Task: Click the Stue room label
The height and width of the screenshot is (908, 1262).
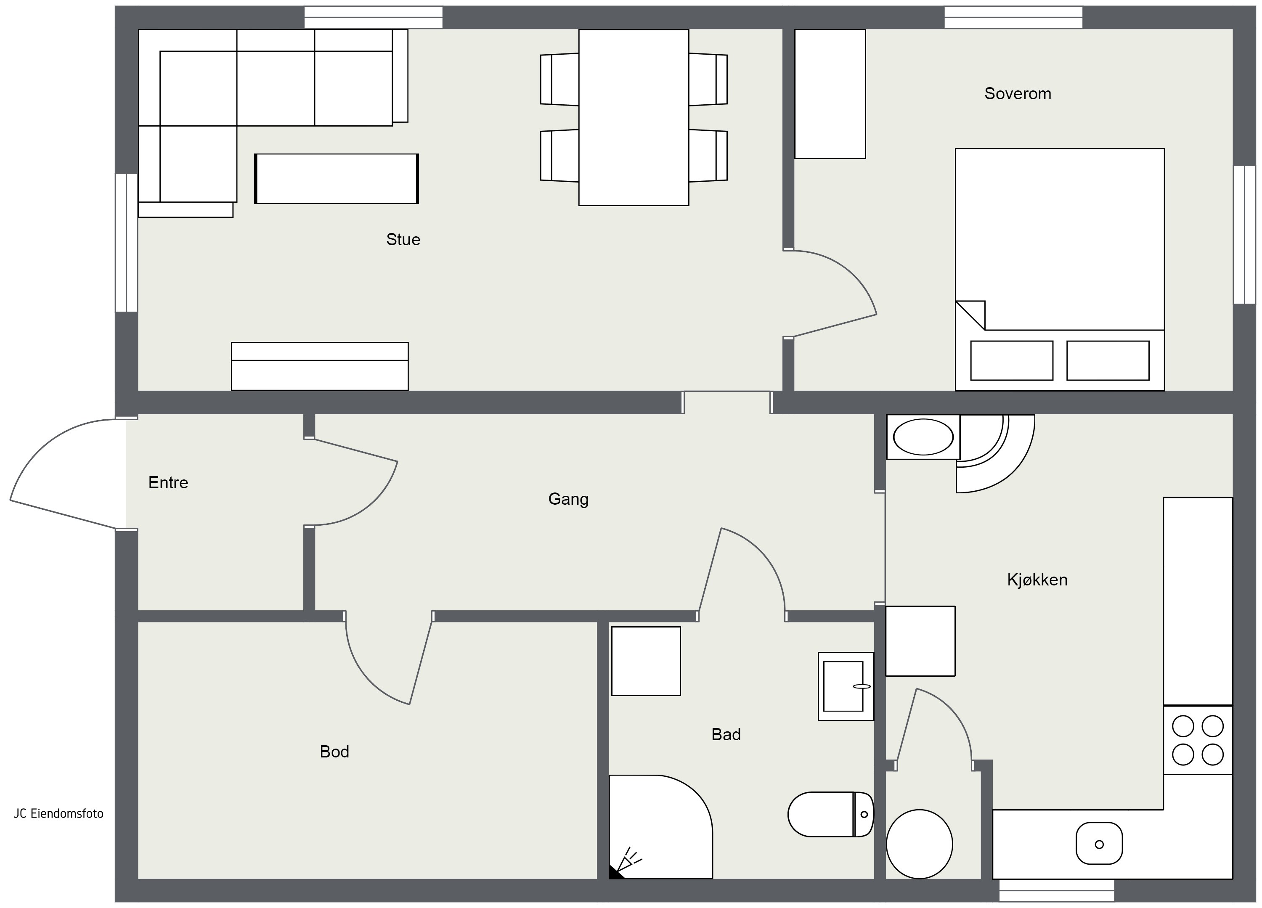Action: click(403, 239)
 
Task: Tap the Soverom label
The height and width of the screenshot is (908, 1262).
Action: click(1018, 93)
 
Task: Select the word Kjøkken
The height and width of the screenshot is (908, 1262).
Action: click(1037, 580)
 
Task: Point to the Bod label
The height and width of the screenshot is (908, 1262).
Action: click(334, 752)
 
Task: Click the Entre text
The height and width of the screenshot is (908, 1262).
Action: click(168, 482)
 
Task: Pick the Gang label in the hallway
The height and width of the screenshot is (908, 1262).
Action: click(568, 499)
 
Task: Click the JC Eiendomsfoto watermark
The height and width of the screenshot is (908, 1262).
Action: click(58, 813)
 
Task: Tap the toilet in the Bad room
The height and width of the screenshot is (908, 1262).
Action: click(831, 815)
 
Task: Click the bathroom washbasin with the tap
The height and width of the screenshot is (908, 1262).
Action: click(846, 686)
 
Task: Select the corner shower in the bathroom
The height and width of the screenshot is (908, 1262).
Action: click(660, 827)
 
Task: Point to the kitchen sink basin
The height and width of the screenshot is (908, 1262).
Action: click(1099, 844)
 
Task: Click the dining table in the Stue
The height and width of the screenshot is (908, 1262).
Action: click(634, 117)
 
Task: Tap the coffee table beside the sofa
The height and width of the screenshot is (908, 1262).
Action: click(337, 179)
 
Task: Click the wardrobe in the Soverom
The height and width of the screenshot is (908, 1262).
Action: click(830, 94)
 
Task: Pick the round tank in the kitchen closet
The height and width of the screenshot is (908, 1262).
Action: click(919, 844)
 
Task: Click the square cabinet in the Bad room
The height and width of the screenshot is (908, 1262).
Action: click(646, 661)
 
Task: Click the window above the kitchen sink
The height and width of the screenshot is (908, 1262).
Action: click(1057, 890)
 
